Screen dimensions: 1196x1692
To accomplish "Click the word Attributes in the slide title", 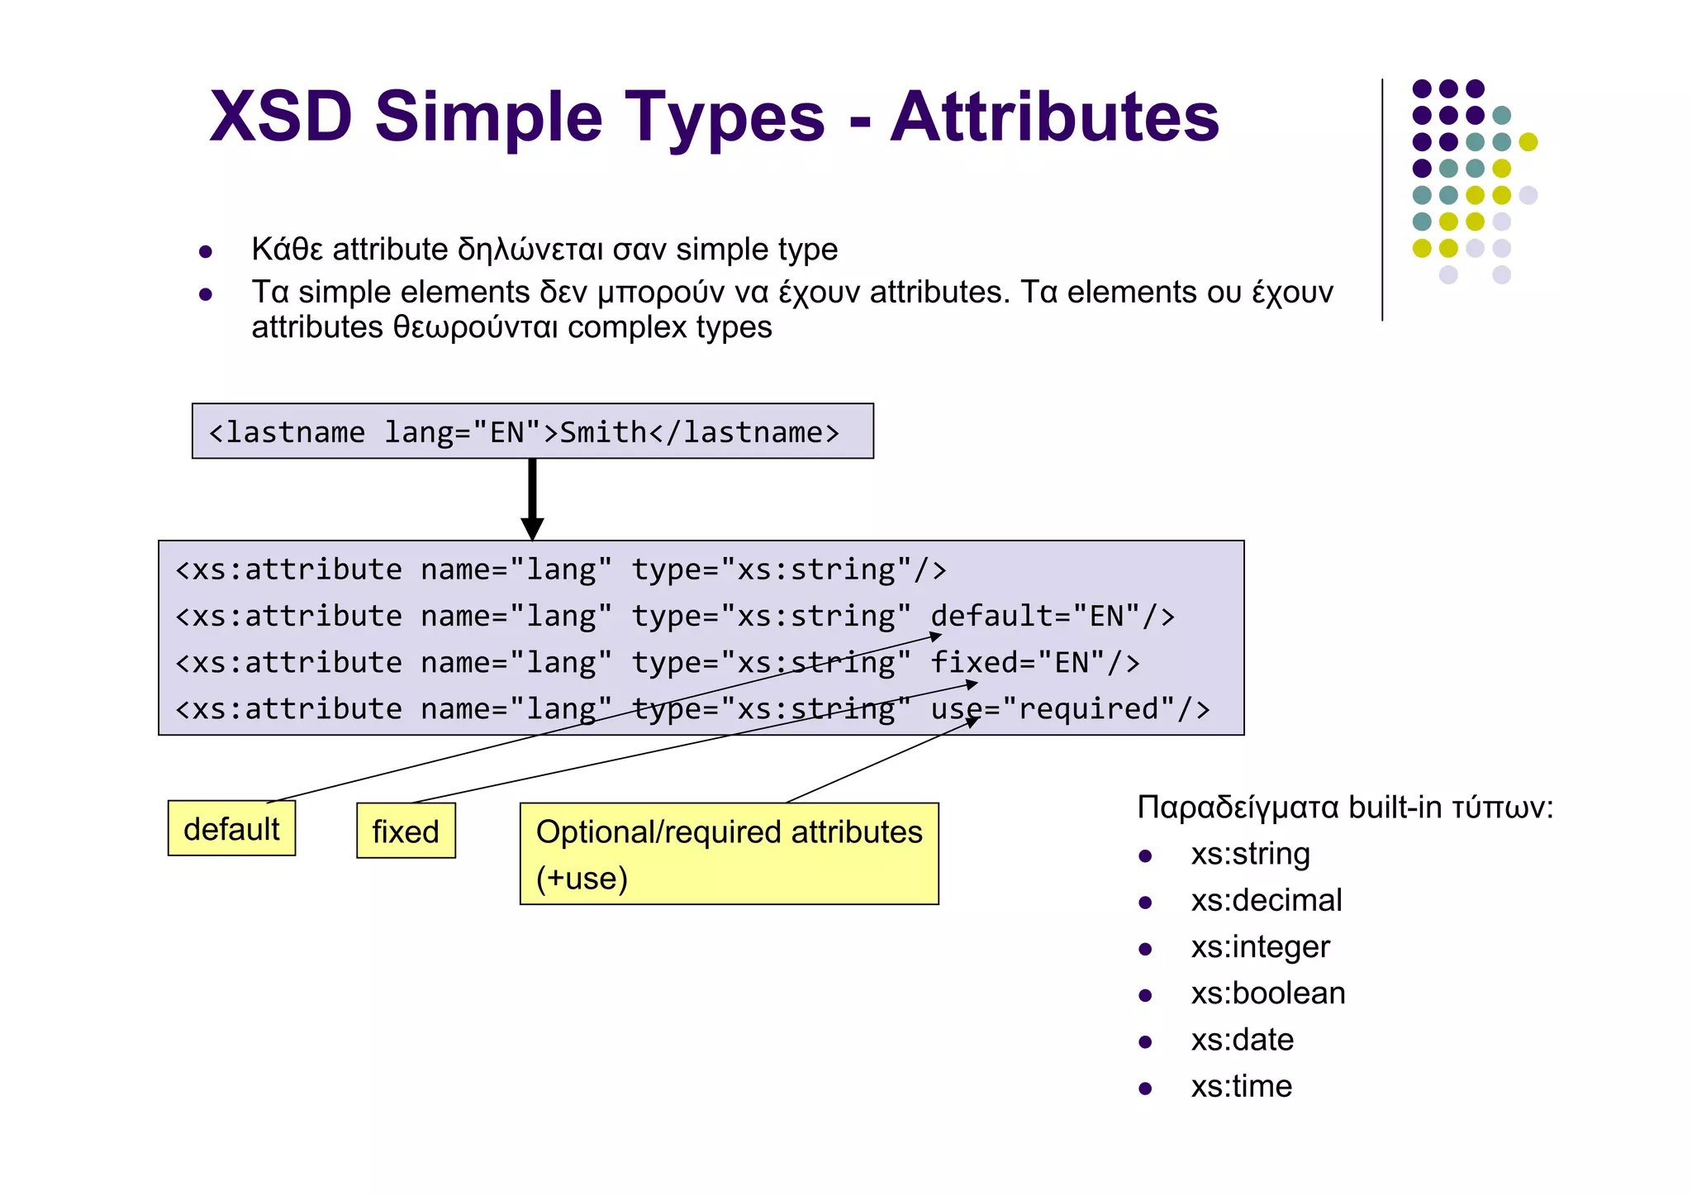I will tap(1054, 117).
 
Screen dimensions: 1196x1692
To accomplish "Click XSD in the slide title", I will tap(282, 117).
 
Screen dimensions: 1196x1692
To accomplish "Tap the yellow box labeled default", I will tap(231, 828).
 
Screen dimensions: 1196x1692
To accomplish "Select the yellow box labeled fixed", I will tap(406, 831).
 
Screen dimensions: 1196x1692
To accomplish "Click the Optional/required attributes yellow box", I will tap(729, 854).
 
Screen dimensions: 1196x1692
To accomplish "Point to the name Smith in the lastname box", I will tap(603, 432).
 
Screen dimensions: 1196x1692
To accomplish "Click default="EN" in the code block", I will tap(1052, 617).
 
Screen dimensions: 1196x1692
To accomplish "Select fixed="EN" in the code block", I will tap(1034, 663).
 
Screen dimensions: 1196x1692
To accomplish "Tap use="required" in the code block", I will tap(1070, 709).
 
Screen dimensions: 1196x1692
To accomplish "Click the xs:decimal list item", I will tap(1266, 900).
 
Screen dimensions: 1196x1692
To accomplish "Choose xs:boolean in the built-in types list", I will tap(1267, 993).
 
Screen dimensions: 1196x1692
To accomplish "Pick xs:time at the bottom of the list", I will tap(1241, 1086).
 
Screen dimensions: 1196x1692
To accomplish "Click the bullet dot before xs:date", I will tap(1145, 1042).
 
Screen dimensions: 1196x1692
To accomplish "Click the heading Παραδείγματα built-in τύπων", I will tap(1344, 807).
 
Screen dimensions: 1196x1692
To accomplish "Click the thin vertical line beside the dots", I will tap(1382, 199).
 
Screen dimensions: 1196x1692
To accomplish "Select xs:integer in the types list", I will tap(1260, 946).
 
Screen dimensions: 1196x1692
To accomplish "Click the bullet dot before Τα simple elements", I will tap(206, 294).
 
